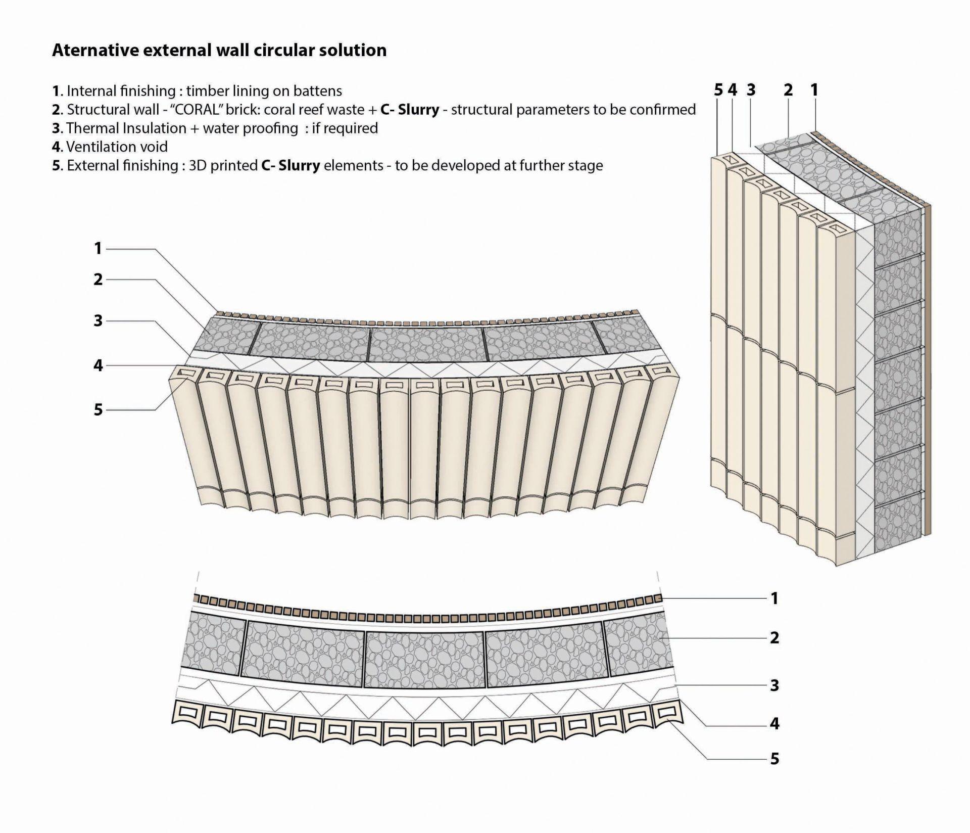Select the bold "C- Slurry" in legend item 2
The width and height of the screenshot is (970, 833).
409,110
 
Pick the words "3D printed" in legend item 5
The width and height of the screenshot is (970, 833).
223,166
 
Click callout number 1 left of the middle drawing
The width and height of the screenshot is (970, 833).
98,249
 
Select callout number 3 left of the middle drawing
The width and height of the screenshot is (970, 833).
98,320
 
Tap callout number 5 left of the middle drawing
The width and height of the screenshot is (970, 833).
98,409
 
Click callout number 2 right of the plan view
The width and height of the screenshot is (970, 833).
774,638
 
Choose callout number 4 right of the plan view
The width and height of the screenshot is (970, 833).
774,724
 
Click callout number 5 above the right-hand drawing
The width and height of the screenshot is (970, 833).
718,90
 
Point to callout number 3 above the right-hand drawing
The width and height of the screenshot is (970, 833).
751,90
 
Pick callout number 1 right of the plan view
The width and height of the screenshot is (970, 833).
774,598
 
